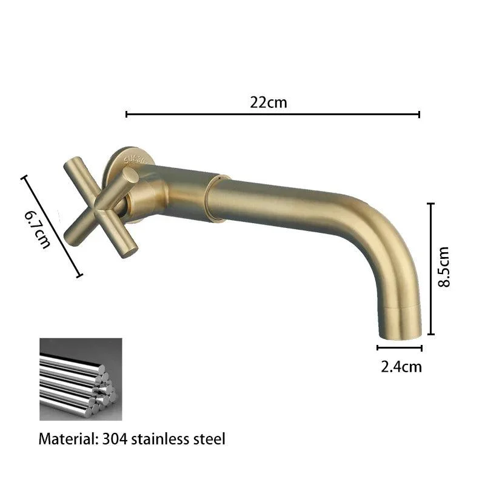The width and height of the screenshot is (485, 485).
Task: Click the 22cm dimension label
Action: click(x=269, y=102)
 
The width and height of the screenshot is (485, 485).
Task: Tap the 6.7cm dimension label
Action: click(x=37, y=230)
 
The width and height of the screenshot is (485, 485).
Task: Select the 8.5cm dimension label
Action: click(x=444, y=267)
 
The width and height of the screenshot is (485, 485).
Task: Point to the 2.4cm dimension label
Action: click(x=401, y=367)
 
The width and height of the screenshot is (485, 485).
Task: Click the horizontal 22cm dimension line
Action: click(x=272, y=115)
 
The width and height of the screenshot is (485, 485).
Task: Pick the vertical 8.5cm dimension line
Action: click(x=430, y=269)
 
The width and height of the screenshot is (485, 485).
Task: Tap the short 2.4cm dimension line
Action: click(x=400, y=348)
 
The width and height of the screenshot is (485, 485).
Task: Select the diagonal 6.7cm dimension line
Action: click(x=52, y=226)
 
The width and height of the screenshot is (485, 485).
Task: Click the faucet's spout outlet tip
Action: click(x=400, y=336)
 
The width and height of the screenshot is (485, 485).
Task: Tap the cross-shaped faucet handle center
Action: click(x=101, y=207)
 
